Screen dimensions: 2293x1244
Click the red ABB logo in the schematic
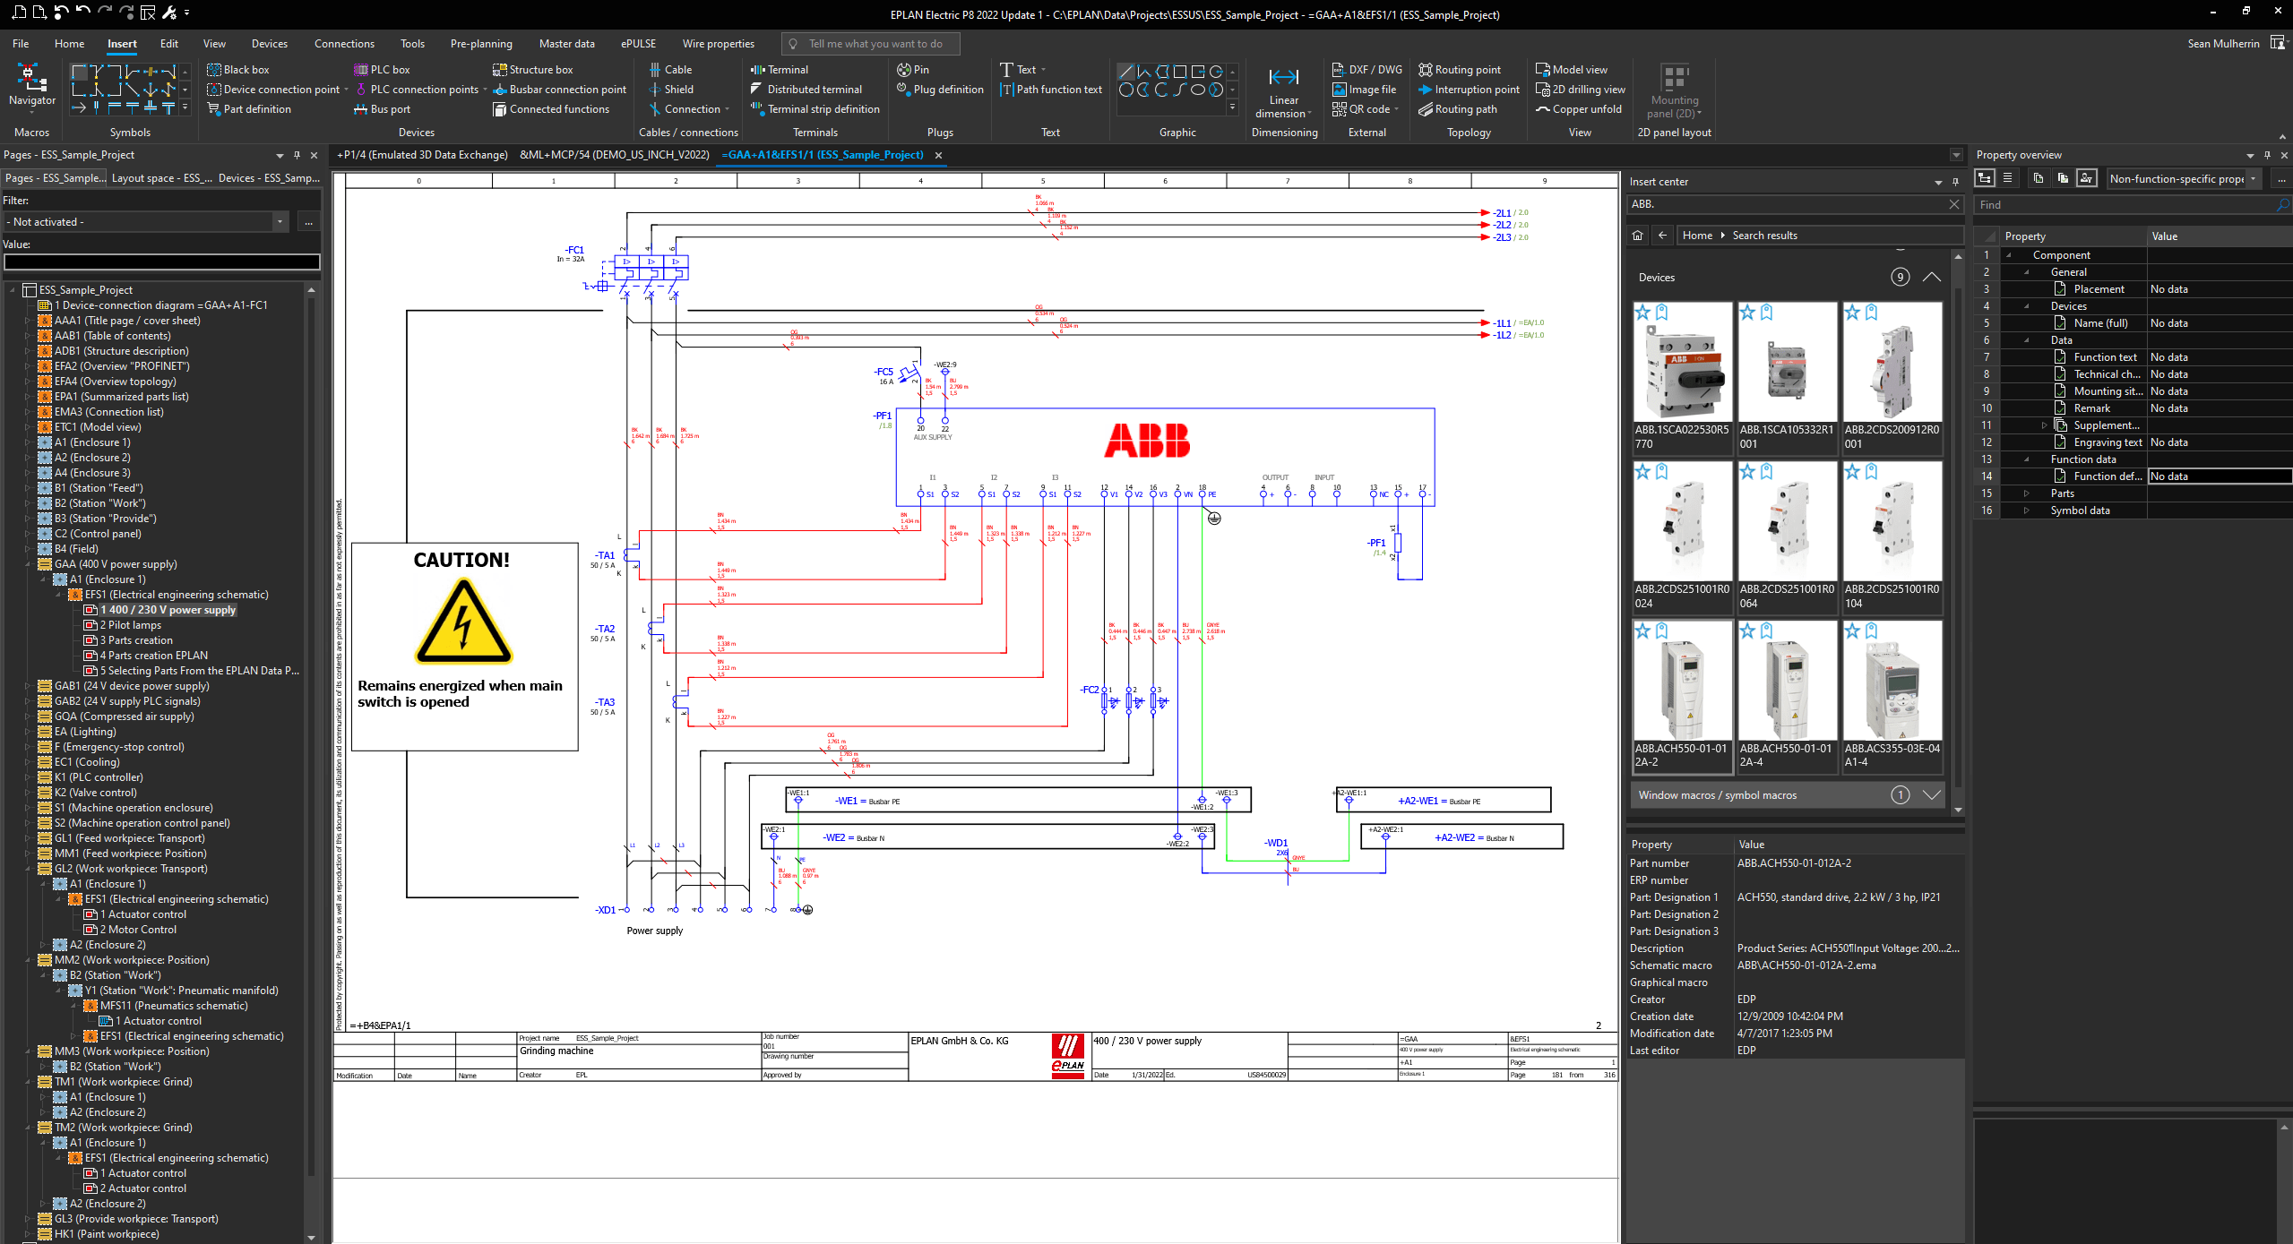pos(1147,441)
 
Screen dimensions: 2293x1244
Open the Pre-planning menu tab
pos(481,44)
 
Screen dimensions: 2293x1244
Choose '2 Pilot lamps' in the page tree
pos(131,625)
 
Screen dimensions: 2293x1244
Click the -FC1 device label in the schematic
pos(574,251)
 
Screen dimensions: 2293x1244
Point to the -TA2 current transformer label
pos(606,629)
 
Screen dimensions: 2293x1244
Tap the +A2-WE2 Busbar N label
pos(1454,838)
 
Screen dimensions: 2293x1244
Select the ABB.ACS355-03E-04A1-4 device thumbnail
pos(1892,696)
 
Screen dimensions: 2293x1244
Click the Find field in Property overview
pos(2124,205)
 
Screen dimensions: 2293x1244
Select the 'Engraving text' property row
pos(2107,442)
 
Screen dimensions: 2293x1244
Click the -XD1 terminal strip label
pos(606,910)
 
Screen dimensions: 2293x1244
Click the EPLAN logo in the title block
pos(1067,1055)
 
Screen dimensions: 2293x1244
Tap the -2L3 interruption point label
pos(1502,237)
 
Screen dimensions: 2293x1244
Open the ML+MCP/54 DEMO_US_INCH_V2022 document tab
pos(614,155)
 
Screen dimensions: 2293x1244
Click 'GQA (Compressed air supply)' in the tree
pos(124,716)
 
